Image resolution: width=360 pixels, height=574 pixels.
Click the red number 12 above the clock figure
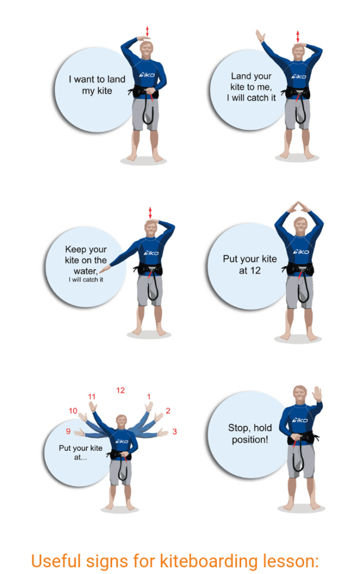tap(121, 390)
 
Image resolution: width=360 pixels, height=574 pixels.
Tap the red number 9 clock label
tap(68, 431)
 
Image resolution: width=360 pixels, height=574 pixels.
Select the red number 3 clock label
tap(174, 431)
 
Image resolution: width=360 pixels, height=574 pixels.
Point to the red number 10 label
tap(73, 411)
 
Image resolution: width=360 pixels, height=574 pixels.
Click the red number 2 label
tap(168, 411)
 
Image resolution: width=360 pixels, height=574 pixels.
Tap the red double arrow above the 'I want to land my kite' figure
tap(147, 31)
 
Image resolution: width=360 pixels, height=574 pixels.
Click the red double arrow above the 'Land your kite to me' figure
tap(298, 36)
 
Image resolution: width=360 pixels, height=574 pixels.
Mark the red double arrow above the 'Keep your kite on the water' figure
tap(150, 213)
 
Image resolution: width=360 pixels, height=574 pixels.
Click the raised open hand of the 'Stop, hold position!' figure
tap(317, 394)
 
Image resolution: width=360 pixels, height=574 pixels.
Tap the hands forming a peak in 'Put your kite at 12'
tap(298, 207)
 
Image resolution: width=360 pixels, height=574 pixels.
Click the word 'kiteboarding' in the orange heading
tap(209, 562)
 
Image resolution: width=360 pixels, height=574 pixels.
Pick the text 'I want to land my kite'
tap(97, 85)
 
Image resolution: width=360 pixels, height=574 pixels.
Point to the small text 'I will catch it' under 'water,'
tap(86, 279)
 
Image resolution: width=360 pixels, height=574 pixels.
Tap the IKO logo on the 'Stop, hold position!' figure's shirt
tap(300, 420)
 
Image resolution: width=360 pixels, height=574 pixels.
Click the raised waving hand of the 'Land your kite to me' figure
tap(260, 36)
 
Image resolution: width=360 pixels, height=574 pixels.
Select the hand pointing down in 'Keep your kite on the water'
tap(105, 269)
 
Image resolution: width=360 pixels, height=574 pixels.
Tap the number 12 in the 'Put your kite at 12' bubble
tap(255, 270)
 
